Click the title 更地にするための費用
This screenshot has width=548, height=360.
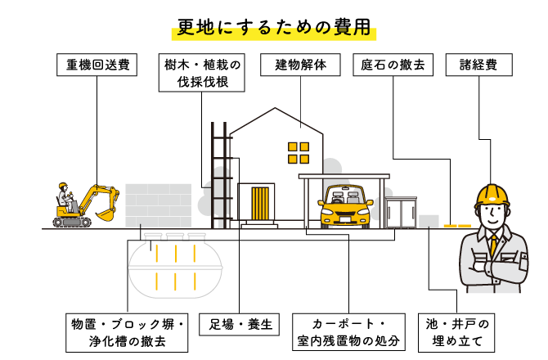click(x=274, y=27)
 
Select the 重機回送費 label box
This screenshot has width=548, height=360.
click(x=97, y=65)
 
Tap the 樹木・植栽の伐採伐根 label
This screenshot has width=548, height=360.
click(x=202, y=73)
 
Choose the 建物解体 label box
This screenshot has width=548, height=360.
click(x=300, y=65)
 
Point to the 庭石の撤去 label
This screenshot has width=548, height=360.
click(x=393, y=65)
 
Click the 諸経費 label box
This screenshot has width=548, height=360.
click(x=478, y=65)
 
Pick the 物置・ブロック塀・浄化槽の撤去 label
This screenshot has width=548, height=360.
click(x=127, y=333)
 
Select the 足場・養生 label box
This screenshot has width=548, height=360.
click(x=239, y=325)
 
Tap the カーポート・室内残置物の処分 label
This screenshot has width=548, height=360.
click(x=348, y=332)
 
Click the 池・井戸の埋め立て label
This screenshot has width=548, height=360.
click(x=456, y=333)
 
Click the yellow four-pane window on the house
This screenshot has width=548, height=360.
click(x=299, y=153)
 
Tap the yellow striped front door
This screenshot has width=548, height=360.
click(x=260, y=204)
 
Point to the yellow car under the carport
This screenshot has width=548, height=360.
click(x=345, y=207)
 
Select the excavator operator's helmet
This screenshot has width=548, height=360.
click(x=63, y=185)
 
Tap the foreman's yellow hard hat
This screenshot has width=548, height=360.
click(x=492, y=196)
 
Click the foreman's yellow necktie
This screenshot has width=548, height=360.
click(x=493, y=245)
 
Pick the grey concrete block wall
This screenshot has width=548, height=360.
click(x=159, y=205)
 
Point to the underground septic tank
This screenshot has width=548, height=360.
click(x=175, y=266)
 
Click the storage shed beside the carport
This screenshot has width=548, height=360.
click(x=402, y=212)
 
